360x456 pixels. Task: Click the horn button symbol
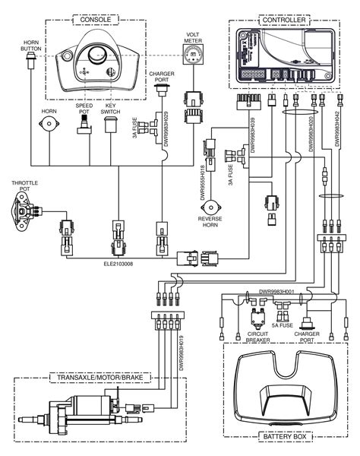point(31,67)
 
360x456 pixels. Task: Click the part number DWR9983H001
point(277,291)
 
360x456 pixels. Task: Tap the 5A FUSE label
point(283,325)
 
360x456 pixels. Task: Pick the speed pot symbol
point(84,130)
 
